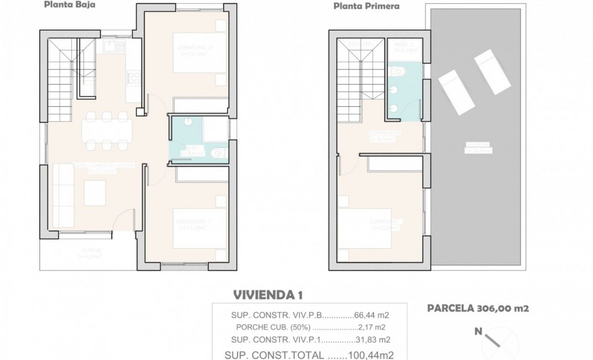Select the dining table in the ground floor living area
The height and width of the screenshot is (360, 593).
click(105, 131)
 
